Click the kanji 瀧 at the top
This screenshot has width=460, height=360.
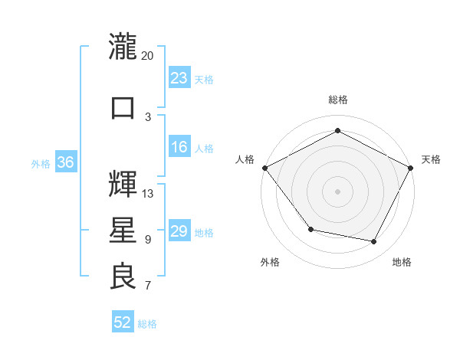pos(123,47)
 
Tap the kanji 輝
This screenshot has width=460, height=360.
pos(123,184)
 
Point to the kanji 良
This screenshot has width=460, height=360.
pos(123,277)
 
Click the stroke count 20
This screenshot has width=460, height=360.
pos(148,56)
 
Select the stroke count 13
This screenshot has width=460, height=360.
pos(148,193)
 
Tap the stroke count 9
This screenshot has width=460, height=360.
pos(148,239)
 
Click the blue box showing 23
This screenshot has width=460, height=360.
pos(179,77)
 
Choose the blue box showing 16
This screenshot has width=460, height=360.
pos(179,147)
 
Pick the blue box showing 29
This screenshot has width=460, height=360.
pos(179,231)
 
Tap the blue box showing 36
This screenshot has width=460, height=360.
pos(65,162)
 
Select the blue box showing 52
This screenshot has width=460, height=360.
pos(123,322)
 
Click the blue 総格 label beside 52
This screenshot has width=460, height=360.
pos(148,324)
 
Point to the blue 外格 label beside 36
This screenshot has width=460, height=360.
pos(41,163)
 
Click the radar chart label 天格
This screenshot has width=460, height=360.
pos(432,159)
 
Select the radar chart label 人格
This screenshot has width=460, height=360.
pos(245,159)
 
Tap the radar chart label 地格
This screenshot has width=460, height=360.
pos(402,263)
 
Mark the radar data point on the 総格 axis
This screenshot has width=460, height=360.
pos(337,131)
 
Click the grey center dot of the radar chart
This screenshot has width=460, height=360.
pos(337,191)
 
